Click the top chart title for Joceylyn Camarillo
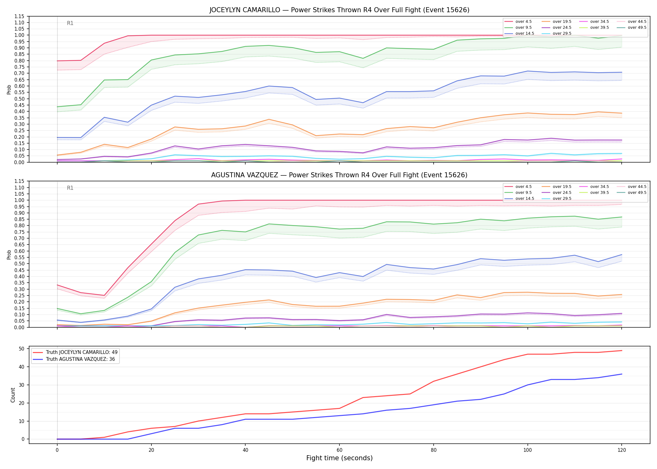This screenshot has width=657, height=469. pyautogui.click(x=339, y=10)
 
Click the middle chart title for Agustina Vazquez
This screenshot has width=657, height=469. pyautogui.click(x=339, y=175)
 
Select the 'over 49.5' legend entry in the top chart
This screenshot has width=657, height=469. pyautogui.click(x=632, y=28)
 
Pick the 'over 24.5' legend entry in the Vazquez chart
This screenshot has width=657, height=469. pyautogui.click(x=557, y=193)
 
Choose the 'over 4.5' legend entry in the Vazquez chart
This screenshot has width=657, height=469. pyautogui.click(x=518, y=187)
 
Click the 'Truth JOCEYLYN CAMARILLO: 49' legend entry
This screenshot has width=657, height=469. pyautogui.click(x=75, y=352)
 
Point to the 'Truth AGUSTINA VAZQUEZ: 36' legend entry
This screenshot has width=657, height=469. pyautogui.click(x=74, y=359)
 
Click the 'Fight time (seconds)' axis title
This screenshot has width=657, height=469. pyautogui.click(x=339, y=458)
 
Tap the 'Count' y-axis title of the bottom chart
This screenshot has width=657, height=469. pyautogui.click(x=13, y=395)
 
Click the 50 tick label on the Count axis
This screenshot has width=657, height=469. pyautogui.click(x=22, y=349)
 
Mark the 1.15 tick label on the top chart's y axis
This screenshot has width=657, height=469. pyautogui.click(x=19, y=16)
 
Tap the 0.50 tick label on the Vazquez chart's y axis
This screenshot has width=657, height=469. pyautogui.click(x=19, y=264)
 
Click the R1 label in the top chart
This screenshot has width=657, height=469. pyautogui.click(x=70, y=23)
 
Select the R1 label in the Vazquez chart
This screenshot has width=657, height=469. pyautogui.click(x=70, y=188)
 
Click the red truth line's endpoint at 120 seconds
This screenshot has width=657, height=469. pyautogui.click(x=622, y=350)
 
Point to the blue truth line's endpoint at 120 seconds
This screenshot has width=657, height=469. pyautogui.click(x=622, y=374)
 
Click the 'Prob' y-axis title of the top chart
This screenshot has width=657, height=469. pyautogui.click(x=9, y=89)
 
